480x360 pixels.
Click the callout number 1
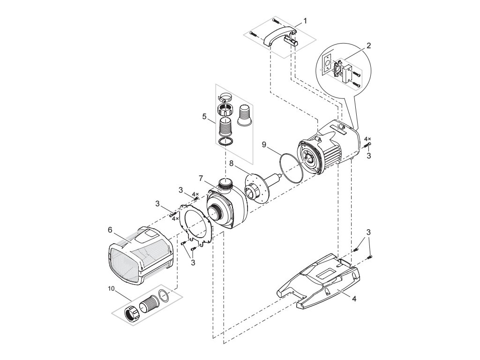point(305,21)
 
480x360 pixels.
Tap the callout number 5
point(204,116)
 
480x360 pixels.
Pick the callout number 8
point(232,163)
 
